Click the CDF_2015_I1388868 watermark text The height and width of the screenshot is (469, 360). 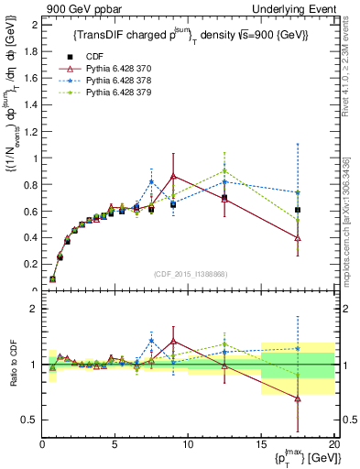(191, 272)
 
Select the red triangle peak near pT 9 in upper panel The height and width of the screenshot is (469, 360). (173, 176)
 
